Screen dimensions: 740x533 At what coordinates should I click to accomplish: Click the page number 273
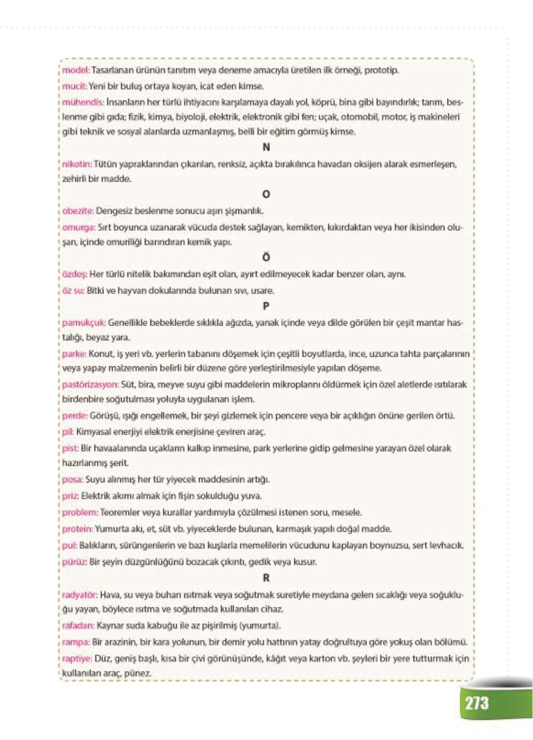(477, 703)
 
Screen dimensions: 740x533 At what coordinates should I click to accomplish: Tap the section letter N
(266, 147)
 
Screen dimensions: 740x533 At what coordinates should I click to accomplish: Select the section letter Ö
(266, 257)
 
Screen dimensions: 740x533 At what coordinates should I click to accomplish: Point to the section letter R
(266, 578)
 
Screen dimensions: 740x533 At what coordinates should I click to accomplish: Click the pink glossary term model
(76, 70)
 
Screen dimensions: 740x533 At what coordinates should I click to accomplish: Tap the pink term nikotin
(77, 164)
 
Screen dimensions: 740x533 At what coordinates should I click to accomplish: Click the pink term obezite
(78, 211)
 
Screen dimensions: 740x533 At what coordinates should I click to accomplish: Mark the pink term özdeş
(74, 274)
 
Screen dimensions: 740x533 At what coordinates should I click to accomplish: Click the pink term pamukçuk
(84, 323)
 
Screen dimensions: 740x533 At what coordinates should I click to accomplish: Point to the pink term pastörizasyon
(90, 385)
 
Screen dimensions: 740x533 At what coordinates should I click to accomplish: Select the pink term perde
(75, 416)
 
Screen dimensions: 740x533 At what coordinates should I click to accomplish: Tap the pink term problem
(80, 512)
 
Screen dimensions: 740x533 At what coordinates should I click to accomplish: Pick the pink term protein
(77, 529)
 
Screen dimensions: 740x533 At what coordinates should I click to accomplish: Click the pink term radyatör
(80, 595)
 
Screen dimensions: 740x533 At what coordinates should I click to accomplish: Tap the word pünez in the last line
(137, 674)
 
